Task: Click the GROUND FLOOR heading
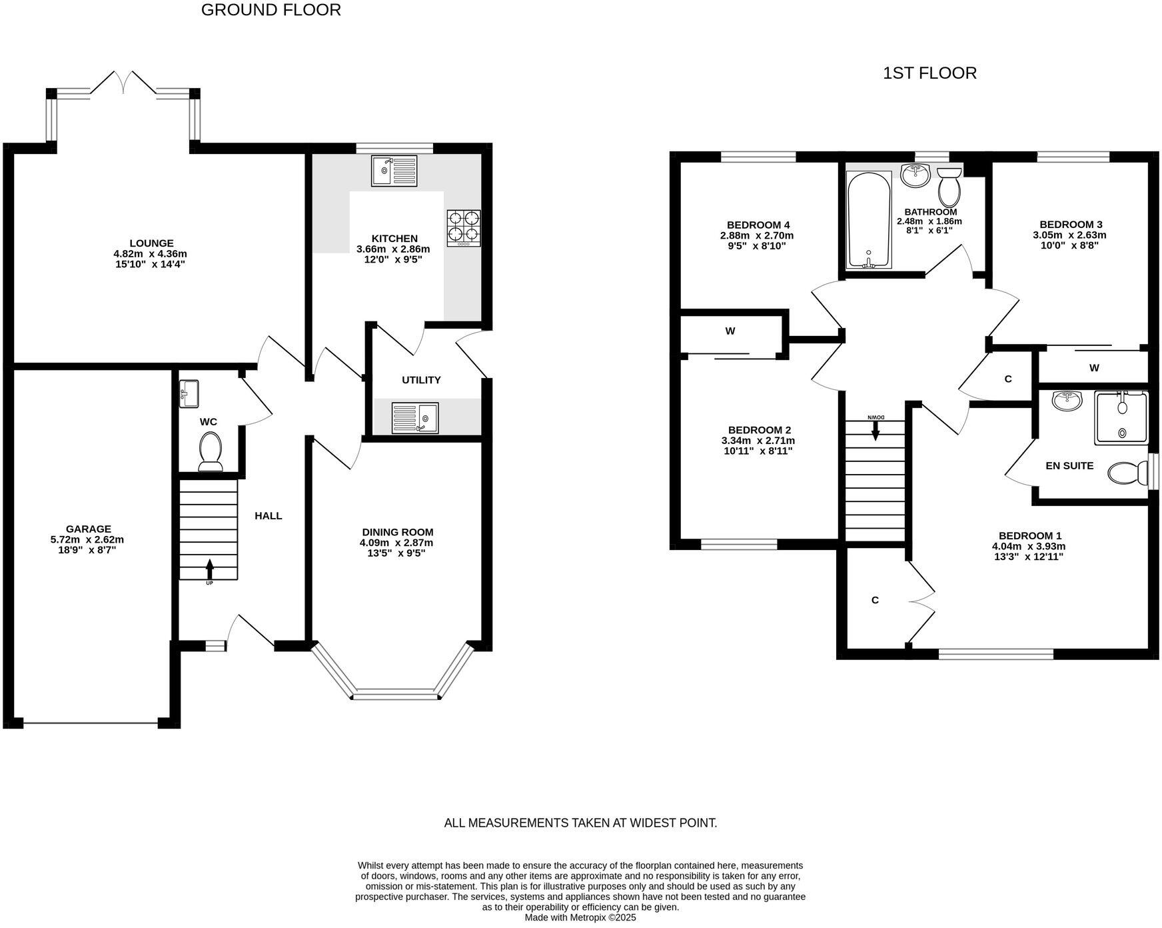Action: click(271, 10)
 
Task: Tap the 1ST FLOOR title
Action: click(929, 73)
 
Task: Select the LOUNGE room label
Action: click(151, 243)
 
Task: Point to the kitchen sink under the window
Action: click(394, 171)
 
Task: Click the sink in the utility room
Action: click(415, 418)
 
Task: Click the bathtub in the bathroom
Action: click(868, 220)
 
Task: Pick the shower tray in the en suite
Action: click(1121, 418)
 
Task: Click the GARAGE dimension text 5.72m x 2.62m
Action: click(87, 539)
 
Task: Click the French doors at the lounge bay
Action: click(123, 83)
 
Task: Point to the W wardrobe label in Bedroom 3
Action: click(1094, 367)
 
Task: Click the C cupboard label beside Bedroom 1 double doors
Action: click(875, 600)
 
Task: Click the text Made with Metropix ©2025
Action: click(580, 917)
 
